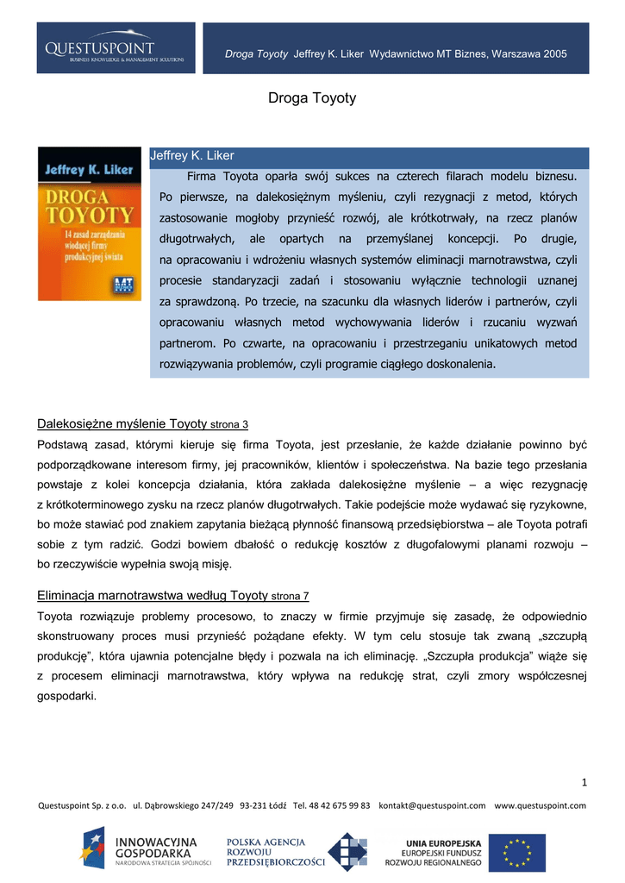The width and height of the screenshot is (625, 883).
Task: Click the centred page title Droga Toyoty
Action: click(x=312, y=98)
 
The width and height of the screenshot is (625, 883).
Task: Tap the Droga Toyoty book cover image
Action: click(x=90, y=223)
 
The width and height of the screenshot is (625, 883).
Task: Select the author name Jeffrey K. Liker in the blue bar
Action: click(x=192, y=155)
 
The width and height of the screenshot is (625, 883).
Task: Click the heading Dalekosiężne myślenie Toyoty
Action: click(x=122, y=423)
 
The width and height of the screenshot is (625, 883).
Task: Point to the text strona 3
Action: click(x=229, y=425)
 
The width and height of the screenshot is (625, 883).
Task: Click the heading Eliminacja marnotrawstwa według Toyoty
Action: click(x=152, y=595)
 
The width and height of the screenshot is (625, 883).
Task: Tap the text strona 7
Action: click(x=290, y=597)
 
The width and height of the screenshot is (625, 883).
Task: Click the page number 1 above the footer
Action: click(x=584, y=782)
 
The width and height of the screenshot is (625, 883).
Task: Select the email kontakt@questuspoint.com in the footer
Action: click(x=432, y=805)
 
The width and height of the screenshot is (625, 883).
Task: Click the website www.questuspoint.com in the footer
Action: click(x=540, y=805)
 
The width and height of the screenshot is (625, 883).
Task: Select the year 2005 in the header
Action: click(x=555, y=54)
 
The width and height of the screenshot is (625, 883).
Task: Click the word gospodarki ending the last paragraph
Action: click(x=67, y=695)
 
